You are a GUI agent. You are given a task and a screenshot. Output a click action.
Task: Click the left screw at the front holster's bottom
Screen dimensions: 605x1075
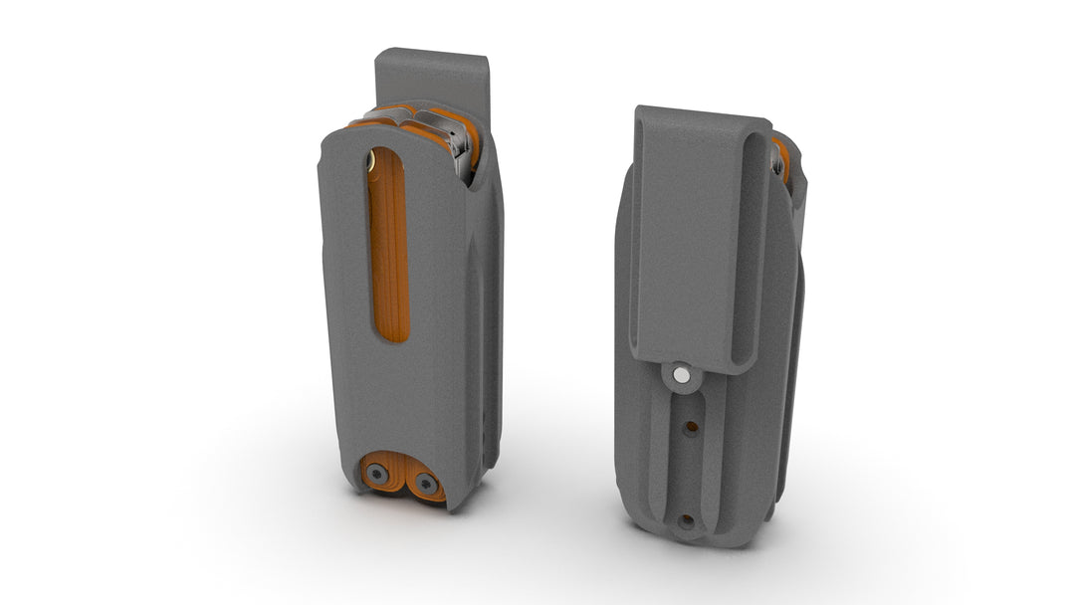tap(377, 475)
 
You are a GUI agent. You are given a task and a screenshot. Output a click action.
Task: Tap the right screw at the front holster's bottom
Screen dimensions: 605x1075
tap(426, 485)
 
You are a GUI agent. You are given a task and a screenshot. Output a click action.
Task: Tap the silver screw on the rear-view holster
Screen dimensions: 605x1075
tap(681, 375)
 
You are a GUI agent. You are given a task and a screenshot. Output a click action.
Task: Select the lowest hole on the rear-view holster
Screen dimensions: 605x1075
tap(686, 519)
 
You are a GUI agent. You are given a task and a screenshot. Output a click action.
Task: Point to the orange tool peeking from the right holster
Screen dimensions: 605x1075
tap(783, 159)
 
